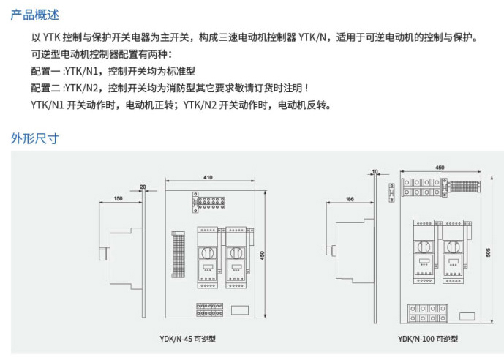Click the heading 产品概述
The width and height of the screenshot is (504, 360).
[x=34, y=15]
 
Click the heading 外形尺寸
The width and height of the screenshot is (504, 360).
[x=34, y=138]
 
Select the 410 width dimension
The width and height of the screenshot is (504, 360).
[x=208, y=178]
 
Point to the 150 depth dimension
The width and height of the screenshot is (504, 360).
[x=119, y=199]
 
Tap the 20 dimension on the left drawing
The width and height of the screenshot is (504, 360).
[x=143, y=187]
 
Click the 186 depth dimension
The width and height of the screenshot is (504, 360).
[x=349, y=199]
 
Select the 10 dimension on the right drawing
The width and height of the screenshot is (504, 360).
[x=375, y=171]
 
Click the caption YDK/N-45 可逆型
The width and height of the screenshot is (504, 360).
[x=188, y=339]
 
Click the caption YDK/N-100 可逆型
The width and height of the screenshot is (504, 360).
[x=428, y=339]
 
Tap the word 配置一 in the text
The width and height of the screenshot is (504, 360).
[x=45, y=72]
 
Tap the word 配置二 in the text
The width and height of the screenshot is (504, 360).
[x=45, y=89]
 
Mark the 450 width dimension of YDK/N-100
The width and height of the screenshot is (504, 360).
[x=440, y=168]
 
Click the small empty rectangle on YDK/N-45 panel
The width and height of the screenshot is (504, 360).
[x=241, y=309]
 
